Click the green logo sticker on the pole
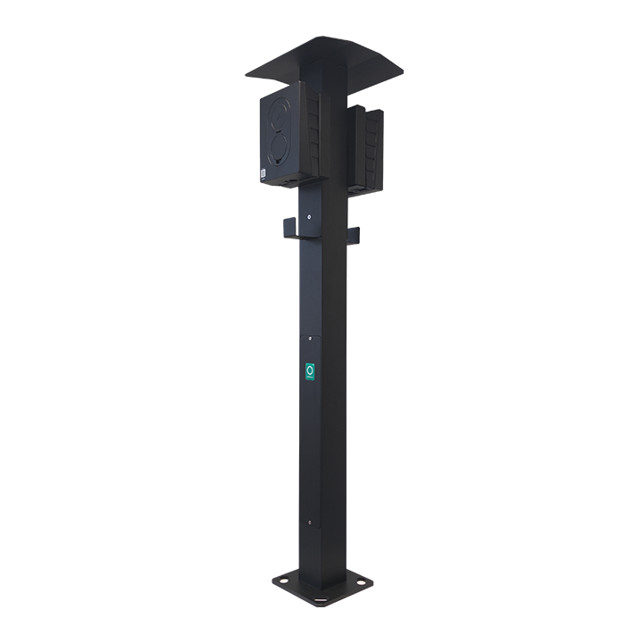point(310,372)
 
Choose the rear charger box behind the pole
point(368,147)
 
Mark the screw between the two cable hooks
point(310,216)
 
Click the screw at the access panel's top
point(310,338)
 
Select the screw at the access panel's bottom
point(310,522)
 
